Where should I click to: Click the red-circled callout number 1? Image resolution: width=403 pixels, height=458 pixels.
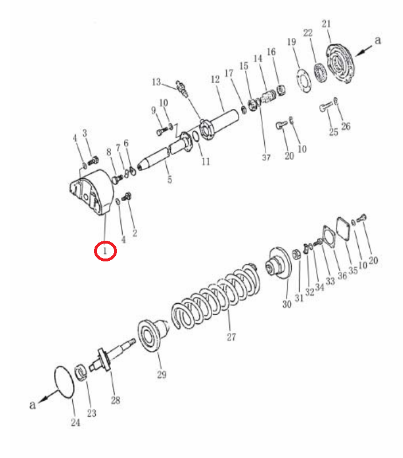(x=105, y=250)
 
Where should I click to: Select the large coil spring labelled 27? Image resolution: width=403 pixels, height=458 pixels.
(x=216, y=295)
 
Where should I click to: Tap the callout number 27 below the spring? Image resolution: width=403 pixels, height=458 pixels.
(x=231, y=337)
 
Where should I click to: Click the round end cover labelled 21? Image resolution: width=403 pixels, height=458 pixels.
(x=340, y=64)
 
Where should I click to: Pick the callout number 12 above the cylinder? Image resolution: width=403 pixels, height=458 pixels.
(x=215, y=80)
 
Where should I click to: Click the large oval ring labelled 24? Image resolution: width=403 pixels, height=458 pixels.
(x=65, y=382)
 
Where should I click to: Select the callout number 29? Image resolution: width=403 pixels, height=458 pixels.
(x=162, y=375)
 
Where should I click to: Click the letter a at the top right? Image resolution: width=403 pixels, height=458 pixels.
(x=378, y=40)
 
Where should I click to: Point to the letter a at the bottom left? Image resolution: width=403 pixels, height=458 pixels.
(x=33, y=405)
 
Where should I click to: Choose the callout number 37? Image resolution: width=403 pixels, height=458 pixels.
(x=266, y=158)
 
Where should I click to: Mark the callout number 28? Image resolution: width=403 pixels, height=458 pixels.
(x=115, y=400)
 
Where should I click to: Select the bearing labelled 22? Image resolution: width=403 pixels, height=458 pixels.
(x=320, y=73)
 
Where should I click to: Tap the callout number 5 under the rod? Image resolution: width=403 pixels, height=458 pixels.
(x=170, y=179)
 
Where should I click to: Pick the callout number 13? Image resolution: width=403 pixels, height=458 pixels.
(x=156, y=82)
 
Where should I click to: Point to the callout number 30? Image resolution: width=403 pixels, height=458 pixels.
(x=287, y=304)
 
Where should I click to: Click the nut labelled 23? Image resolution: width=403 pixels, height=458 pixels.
(x=81, y=372)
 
